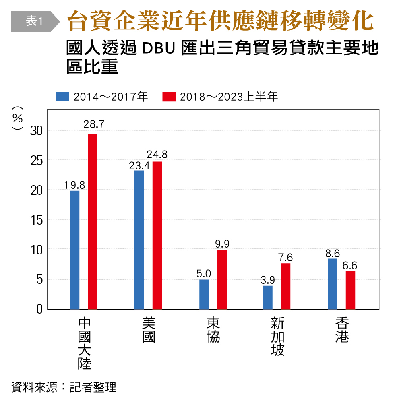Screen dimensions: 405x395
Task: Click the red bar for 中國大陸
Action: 93,221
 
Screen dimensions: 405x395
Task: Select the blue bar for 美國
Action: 139,240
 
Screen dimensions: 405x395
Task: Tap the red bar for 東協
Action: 222,279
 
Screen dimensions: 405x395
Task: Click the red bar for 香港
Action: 350,289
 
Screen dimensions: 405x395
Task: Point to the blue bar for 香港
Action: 333,284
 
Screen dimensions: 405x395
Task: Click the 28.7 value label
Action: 94,125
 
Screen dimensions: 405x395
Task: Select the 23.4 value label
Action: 139,165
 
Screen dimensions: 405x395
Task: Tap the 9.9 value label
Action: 222,244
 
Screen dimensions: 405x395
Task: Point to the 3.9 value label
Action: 268,279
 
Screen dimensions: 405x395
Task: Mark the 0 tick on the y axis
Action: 39,309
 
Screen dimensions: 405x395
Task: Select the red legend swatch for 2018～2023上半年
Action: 169,97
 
